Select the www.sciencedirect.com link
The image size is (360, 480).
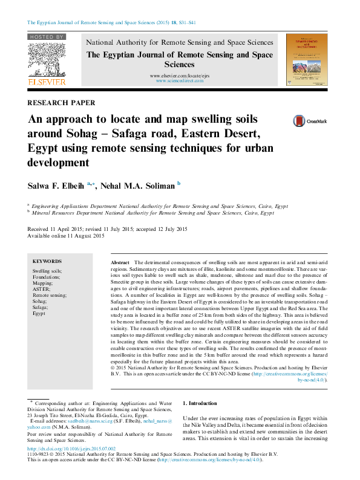click(x=180, y=80)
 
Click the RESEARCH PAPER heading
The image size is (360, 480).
click(x=61, y=103)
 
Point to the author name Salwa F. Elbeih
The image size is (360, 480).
click(x=57, y=186)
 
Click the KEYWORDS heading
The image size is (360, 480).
click(x=47, y=261)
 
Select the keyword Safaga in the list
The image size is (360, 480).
click(x=41, y=307)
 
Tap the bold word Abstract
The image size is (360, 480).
click(x=120, y=263)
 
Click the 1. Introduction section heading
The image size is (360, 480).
click(x=200, y=403)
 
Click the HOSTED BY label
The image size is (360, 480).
click(x=46, y=37)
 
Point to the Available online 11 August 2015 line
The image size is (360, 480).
click(x=67, y=236)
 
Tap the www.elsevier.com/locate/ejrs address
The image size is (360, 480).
click(x=180, y=75)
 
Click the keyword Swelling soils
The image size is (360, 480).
click(x=47, y=271)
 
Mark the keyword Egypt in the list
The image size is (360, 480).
click(x=39, y=313)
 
